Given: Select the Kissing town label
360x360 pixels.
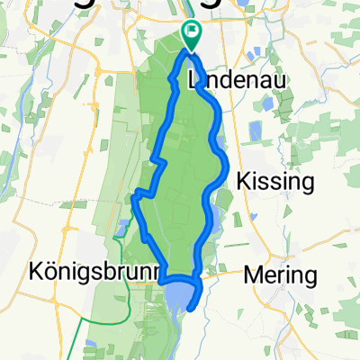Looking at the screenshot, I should (274, 182).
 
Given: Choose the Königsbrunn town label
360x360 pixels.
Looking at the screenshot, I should (86, 270).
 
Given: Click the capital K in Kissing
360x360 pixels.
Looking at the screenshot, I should (243, 182).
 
